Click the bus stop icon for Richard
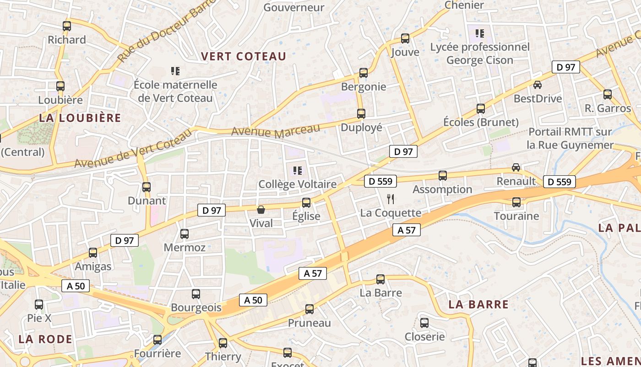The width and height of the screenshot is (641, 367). (x=67, y=26)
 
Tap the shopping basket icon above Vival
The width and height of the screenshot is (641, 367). (x=261, y=210)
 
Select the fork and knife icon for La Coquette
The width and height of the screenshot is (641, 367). (x=391, y=199)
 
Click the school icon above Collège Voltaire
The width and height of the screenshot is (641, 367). (x=298, y=171)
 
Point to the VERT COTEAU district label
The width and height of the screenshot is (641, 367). (x=244, y=56)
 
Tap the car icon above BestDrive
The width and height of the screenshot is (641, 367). (x=538, y=85)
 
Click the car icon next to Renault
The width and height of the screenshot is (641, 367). (x=516, y=167)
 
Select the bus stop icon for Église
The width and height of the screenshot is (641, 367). (x=306, y=202)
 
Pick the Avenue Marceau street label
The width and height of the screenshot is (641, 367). (x=275, y=131)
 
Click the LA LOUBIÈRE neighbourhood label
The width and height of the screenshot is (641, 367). (x=80, y=118)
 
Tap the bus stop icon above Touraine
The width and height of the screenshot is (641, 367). (x=516, y=202)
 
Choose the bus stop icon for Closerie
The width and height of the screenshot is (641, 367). (x=424, y=323)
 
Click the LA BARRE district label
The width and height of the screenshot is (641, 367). (x=478, y=304)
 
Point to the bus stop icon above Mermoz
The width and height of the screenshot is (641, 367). (x=185, y=234)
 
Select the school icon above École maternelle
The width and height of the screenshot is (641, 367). (x=175, y=71)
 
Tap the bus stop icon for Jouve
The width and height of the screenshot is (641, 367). (x=405, y=39)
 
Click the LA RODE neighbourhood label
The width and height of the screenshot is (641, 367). (x=45, y=339)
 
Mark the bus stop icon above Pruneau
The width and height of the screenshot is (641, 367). (x=310, y=309)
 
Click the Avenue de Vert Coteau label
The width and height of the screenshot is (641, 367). (x=133, y=148)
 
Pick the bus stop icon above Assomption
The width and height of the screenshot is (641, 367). (x=443, y=175)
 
